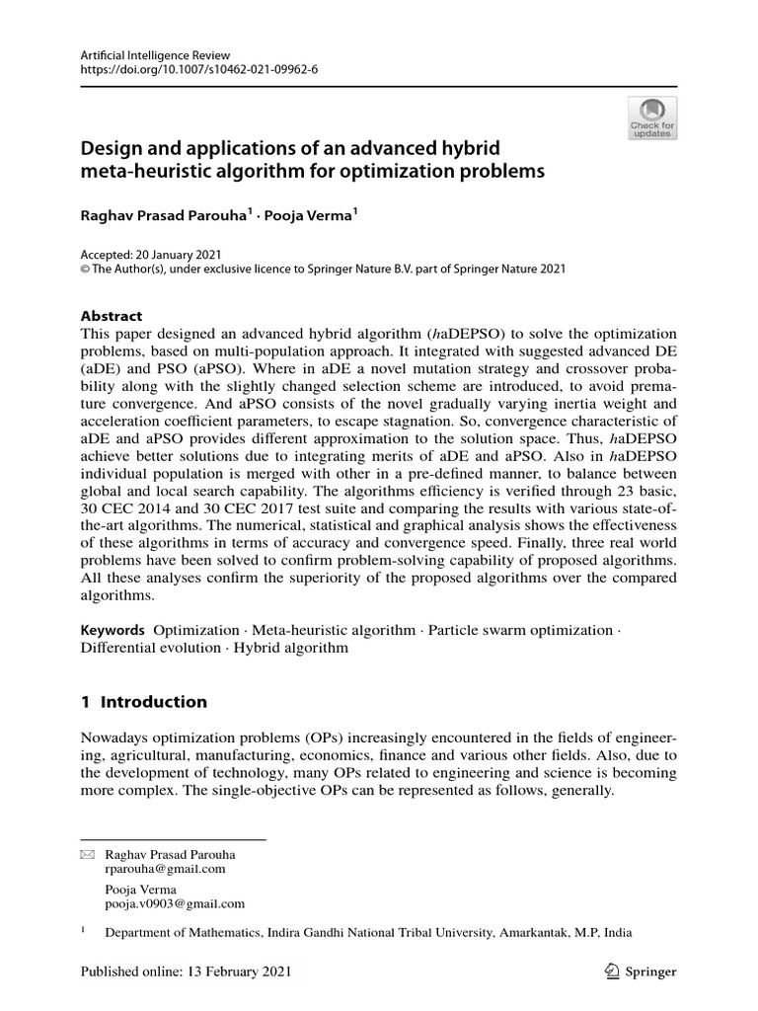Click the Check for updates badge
pos(652,118)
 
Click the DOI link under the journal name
pos(198,70)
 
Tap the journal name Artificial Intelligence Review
pos(147,55)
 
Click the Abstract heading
pos(111,317)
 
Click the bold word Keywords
pos(112,630)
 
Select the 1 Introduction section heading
pos(143,702)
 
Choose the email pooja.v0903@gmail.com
pos(175,903)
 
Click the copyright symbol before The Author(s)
pos(85,269)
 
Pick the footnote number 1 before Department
pos(83,929)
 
